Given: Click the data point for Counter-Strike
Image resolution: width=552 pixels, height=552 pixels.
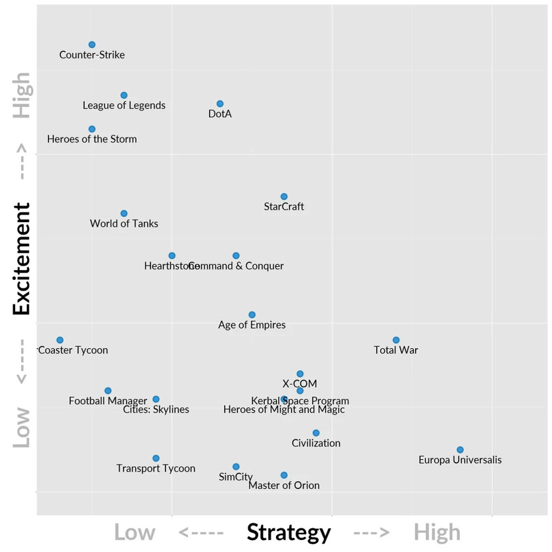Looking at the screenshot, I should pos(92,45).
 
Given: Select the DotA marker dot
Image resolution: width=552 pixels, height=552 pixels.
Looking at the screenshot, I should pos(220,104).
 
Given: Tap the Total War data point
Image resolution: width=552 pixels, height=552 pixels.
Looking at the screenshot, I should pos(396,340).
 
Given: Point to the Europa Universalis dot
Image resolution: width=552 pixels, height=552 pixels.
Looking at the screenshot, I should pos(460,449).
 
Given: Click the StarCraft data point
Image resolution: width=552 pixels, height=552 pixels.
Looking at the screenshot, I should pos(284,196).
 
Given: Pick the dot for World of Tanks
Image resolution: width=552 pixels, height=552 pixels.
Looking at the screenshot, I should pos(124,214).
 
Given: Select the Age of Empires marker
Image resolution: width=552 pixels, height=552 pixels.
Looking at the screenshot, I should pos(252,315).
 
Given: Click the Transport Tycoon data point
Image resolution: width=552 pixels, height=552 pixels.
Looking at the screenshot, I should pos(156,458).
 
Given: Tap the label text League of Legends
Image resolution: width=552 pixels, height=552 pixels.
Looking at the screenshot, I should pos(124,105).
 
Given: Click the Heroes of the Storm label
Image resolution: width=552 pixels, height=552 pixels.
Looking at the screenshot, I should pos(92,139).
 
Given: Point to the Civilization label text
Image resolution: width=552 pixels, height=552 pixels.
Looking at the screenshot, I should pos(316,443).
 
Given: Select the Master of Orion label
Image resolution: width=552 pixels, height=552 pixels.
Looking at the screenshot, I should pos(284,486).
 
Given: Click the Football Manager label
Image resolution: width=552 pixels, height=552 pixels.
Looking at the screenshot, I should pos(108,401).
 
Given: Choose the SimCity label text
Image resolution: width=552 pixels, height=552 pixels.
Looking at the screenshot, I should pos(236,477).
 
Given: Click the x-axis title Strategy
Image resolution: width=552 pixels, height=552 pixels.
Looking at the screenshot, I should pos(288,532).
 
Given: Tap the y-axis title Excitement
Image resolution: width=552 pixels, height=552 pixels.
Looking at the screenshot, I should pos(22,259).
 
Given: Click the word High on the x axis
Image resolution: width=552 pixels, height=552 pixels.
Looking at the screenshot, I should pos(437,532).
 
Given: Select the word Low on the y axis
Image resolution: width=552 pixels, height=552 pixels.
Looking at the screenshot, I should pos(22,427).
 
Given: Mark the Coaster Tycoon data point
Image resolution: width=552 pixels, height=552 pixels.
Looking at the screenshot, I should pos(60,340).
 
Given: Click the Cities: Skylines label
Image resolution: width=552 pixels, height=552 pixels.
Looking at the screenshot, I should pos(156,409).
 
